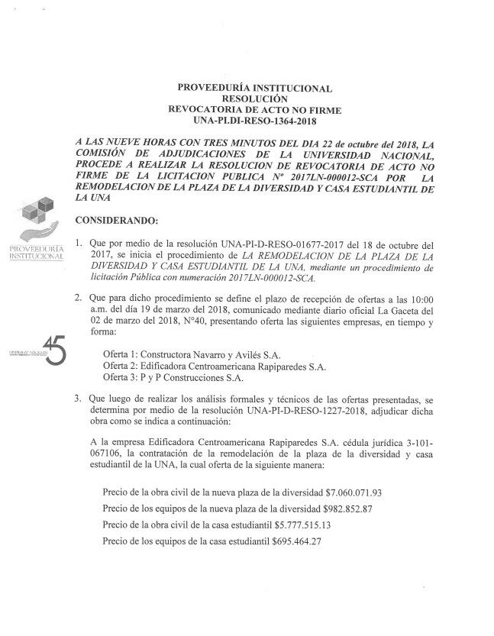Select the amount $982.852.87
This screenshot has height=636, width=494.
click(341, 508)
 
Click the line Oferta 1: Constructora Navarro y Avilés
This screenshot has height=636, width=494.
click(192, 355)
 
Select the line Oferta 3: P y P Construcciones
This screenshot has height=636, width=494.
click(176, 376)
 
